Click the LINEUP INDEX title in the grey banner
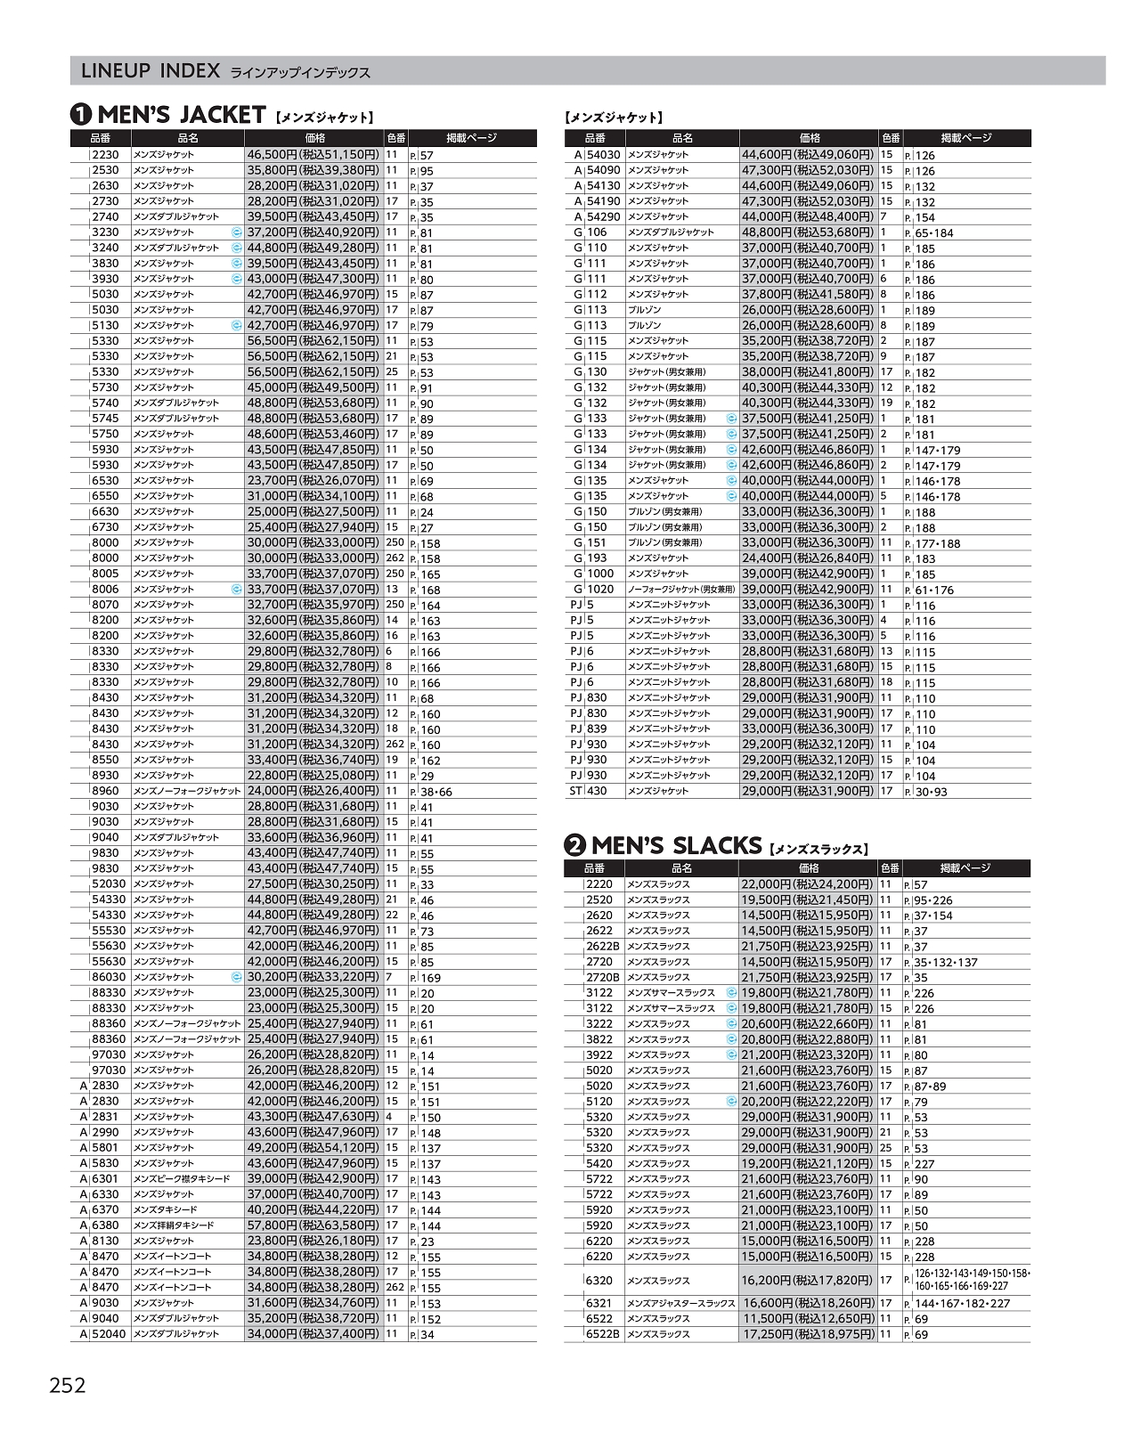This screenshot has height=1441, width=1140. coord(150,71)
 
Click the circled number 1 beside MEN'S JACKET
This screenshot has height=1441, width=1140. coord(81,115)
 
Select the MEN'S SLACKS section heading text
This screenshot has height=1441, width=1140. coord(677,845)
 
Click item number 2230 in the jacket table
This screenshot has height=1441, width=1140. coord(105,155)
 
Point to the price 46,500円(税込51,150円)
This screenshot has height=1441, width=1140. coord(313,155)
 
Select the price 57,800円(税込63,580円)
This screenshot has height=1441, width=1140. coord(313,1225)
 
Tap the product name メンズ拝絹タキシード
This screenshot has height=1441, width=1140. coord(174,1225)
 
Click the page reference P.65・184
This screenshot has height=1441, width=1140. coord(930,232)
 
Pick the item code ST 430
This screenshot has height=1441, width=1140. coord(589,791)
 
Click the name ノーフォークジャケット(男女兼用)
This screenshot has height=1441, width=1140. coord(681,590)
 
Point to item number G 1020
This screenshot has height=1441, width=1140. coord(595,590)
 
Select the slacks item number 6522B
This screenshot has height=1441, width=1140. coord(603,1334)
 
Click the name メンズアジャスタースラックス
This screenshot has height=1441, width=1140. coord(681,1303)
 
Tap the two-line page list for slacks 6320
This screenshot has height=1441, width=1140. coord(971,1280)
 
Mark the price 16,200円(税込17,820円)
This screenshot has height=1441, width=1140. coord(808,1280)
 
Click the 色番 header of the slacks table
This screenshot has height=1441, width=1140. coord(890,868)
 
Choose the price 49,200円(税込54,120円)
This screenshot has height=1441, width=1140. coord(313,1148)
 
